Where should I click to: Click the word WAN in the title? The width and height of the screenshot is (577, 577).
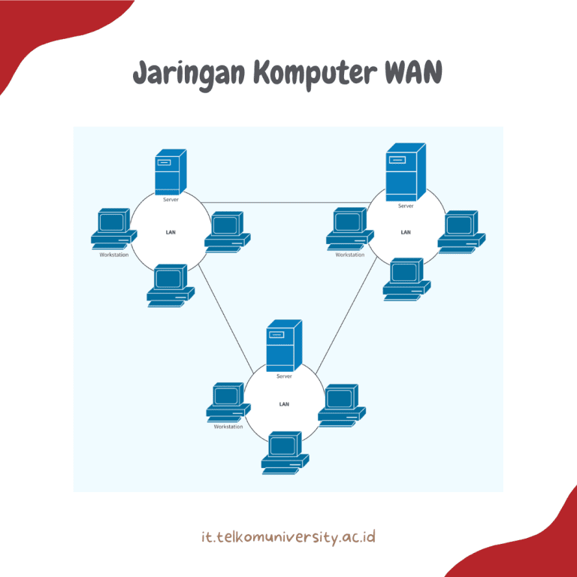[x=413, y=72]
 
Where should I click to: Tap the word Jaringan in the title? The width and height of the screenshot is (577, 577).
[x=189, y=74]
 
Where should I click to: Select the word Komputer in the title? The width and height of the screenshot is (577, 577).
[x=316, y=74]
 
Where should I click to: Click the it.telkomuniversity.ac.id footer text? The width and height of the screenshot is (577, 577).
[x=288, y=537]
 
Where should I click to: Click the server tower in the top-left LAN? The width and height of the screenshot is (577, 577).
[x=171, y=172]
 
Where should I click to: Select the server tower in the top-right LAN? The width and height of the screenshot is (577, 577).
[x=406, y=172]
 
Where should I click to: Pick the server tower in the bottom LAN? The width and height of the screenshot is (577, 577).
[x=284, y=346]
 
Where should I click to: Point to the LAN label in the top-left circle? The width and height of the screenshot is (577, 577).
[x=171, y=232]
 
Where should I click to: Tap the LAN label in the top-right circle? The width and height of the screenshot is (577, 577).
[x=406, y=232]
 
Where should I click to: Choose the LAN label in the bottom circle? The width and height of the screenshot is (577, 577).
[x=284, y=404]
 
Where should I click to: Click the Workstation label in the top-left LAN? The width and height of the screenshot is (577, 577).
[x=114, y=255]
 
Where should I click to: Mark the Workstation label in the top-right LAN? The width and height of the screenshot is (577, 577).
[x=350, y=255]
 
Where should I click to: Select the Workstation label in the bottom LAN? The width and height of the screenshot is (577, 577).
[x=228, y=427]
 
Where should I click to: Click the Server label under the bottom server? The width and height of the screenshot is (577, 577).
[x=284, y=376]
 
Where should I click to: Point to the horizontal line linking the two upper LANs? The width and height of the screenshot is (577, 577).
[x=286, y=202]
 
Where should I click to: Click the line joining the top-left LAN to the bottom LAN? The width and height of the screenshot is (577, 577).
[x=226, y=319]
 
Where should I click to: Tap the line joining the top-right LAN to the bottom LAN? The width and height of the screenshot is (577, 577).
[x=346, y=316]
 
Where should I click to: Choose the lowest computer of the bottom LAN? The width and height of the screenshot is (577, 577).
[x=285, y=452]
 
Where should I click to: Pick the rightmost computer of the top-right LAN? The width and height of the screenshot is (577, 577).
[x=461, y=232]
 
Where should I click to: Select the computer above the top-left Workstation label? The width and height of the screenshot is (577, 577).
[x=114, y=228]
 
